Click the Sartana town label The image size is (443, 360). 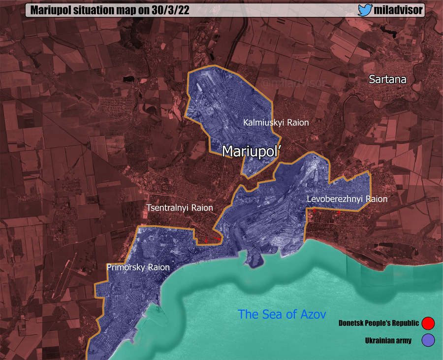click(x=391, y=79)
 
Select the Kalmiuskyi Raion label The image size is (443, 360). click(x=276, y=122)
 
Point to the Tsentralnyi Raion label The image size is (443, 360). click(x=180, y=208)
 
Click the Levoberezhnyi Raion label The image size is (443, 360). click(x=347, y=199)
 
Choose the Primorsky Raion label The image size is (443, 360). click(x=138, y=267)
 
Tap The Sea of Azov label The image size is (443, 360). click(x=282, y=314)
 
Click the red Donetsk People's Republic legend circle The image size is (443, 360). click(x=428, y=324)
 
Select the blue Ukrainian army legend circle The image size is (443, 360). click(x=428, y=340)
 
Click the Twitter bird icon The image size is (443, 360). click(x=365, y=10)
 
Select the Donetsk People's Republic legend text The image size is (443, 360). click(x=379, y=324)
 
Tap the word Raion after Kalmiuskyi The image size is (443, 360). click(x=297, y=122)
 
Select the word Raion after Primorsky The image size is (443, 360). click(x=158, y=267)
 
